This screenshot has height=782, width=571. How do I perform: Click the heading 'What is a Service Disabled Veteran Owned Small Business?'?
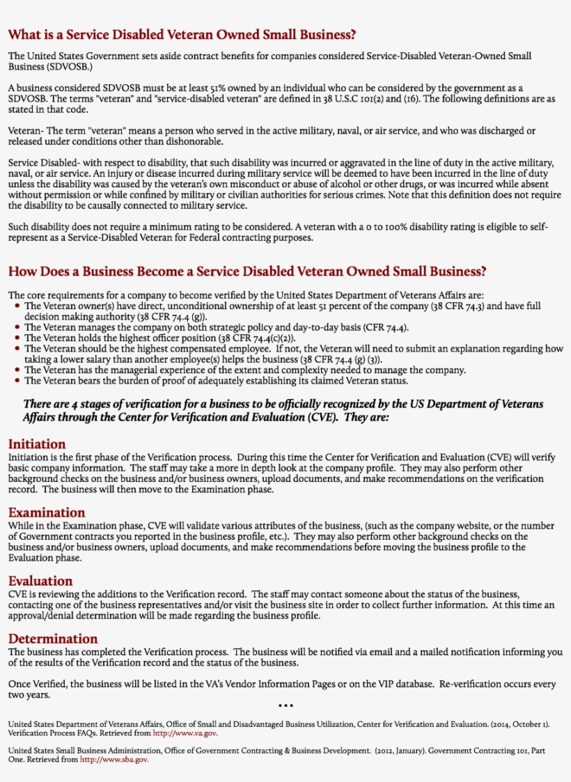pos(182,34)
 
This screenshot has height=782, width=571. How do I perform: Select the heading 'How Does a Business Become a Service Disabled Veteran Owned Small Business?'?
pos(247,271)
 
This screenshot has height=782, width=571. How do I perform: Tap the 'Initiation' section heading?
pos(37,444)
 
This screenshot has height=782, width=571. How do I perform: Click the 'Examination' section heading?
pos(47,513)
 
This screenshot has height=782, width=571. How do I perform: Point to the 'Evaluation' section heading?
pos(40,581)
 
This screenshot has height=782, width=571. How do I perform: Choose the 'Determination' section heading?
pos(53,639)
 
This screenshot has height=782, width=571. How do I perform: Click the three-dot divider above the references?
pos(285,705)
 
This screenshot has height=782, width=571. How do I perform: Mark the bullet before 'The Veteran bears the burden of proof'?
pos(17,381)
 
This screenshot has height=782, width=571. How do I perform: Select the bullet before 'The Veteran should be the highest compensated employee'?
pos(17,349)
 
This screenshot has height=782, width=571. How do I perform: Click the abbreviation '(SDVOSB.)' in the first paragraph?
pos(63,66)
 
